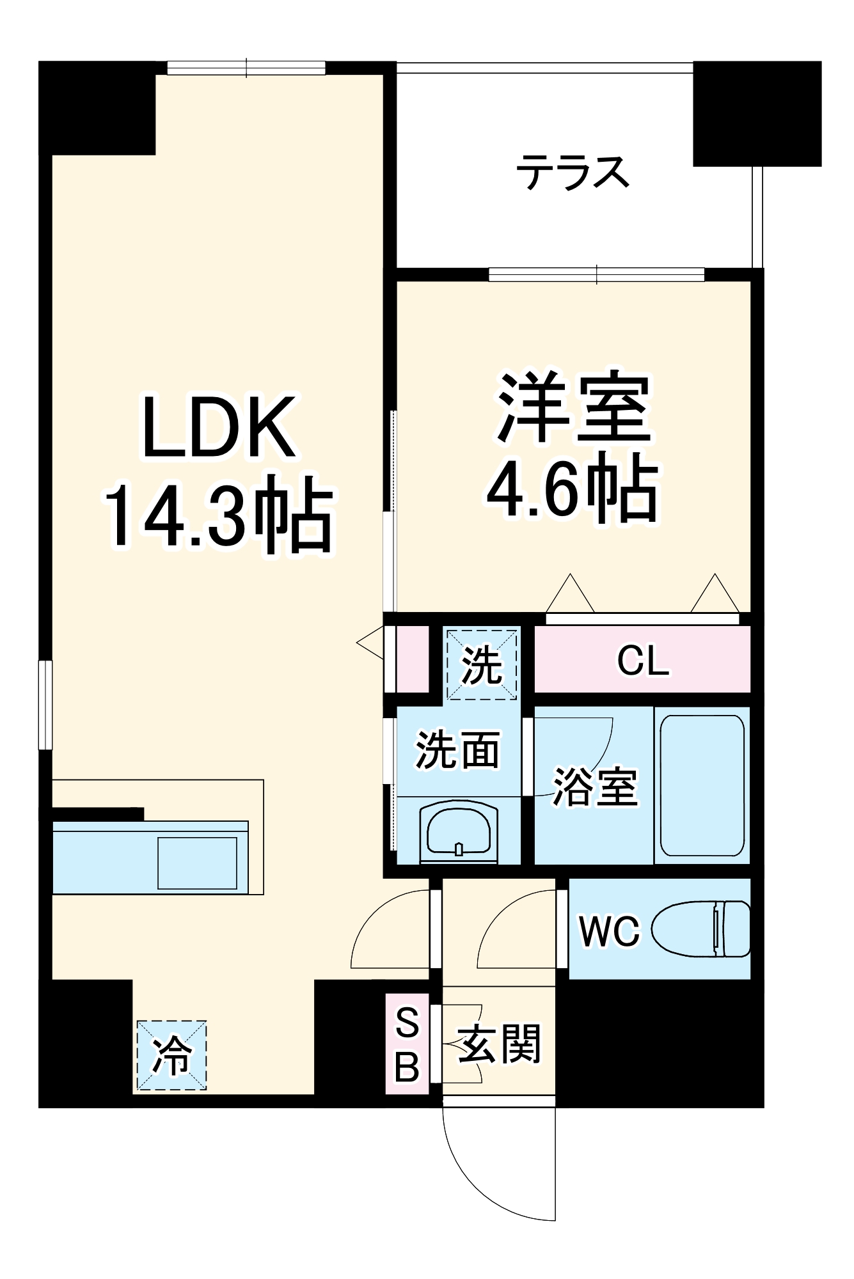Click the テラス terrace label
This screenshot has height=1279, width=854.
[x=573, y=173]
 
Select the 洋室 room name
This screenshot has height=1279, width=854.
[x=574, y=407]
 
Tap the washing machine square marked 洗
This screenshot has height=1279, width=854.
[x=482, y=664]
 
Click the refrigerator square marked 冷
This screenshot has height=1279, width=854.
[x=171, y=1056]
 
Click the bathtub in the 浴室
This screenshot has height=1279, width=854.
[x=702, y=785]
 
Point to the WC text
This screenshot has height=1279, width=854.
[x=609, y=931]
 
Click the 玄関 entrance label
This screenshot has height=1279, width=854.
[x=500, y=1044]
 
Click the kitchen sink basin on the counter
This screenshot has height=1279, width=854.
[x=197, y=863]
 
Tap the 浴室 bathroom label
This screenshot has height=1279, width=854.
[x=595, y=787]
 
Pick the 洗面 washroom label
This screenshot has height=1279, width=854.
[x=457, y=749]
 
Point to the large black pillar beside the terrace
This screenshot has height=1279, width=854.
[x=757, y=113]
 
